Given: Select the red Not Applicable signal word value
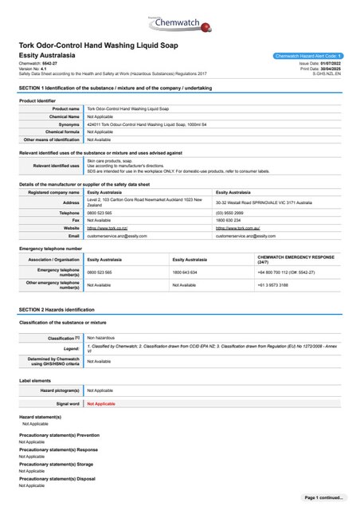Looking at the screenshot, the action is [100, 405].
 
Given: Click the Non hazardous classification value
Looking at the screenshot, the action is [101, 338].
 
